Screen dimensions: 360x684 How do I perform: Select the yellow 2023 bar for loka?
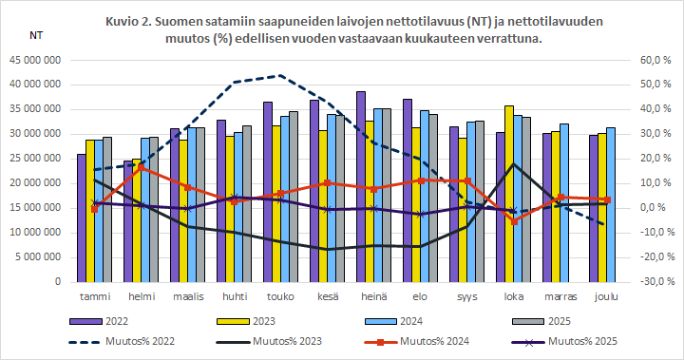pos(509,194)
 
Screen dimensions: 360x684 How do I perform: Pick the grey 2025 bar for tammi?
pos(106,209)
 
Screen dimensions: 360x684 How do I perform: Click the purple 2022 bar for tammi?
pos(82,218)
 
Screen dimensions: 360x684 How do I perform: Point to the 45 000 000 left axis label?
pos(35,60)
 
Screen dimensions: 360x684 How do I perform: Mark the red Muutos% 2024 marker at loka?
pos(514,221)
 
